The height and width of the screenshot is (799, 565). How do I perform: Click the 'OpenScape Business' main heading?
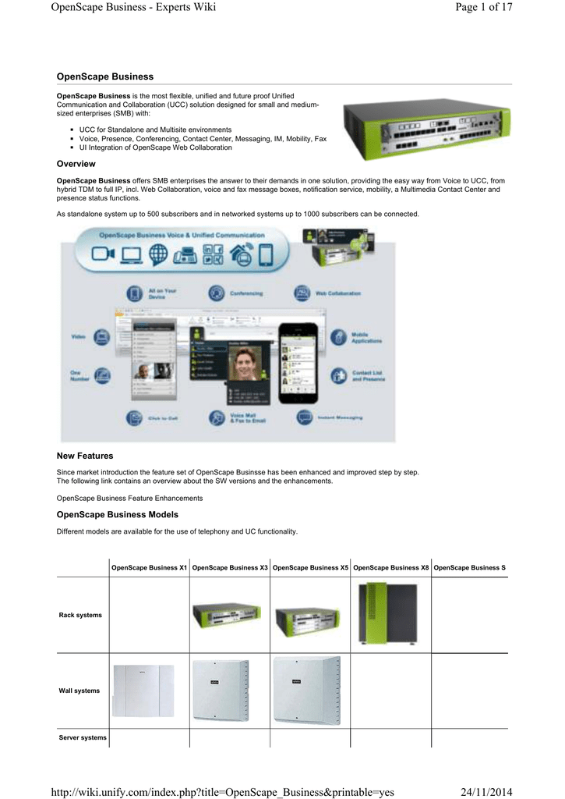coord(105,76)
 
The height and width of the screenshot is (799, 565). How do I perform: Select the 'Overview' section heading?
coord(76,164)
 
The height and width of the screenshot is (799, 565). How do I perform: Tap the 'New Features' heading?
coord(85,456)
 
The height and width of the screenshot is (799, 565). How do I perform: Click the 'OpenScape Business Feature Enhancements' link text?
coord(130,498)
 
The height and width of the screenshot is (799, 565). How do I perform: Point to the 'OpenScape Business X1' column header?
coord(149,567)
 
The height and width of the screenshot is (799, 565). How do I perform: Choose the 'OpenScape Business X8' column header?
coord(390,567)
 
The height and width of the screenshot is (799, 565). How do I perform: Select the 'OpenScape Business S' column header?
coord(469,567)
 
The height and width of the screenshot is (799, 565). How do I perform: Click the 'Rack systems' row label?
coord(80,616)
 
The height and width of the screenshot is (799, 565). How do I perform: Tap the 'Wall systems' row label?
coord(79,691)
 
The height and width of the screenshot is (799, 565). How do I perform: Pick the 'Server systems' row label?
coord(83,737)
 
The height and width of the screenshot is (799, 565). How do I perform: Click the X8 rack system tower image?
coord(387,614)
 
